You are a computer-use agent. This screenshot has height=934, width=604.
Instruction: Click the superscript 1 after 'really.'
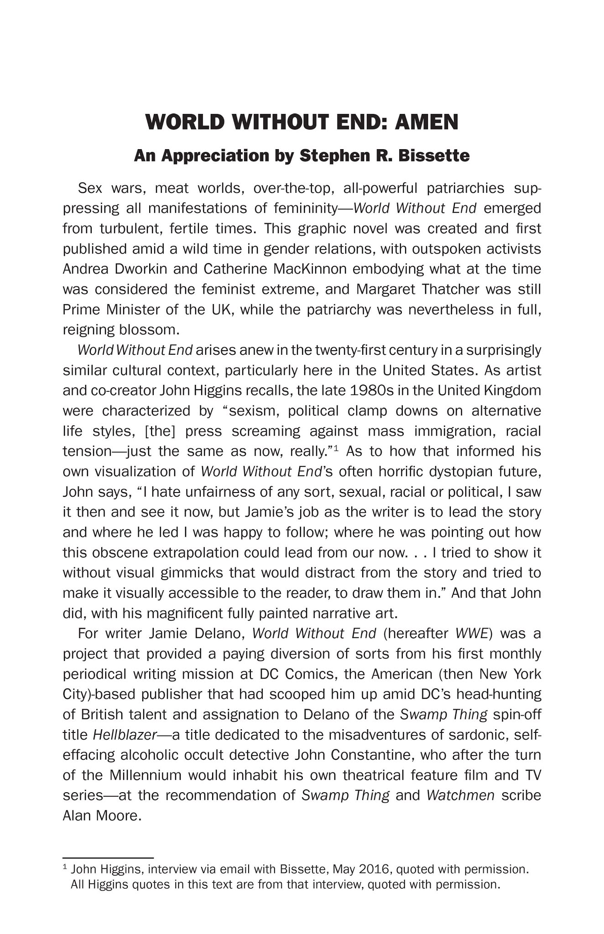pos(336,449)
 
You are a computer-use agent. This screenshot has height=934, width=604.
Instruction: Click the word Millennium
pos(146,775)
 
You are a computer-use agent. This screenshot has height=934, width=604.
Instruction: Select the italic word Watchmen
pos(460,795)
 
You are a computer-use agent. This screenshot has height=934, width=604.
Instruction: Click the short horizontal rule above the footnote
pos(108,858)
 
